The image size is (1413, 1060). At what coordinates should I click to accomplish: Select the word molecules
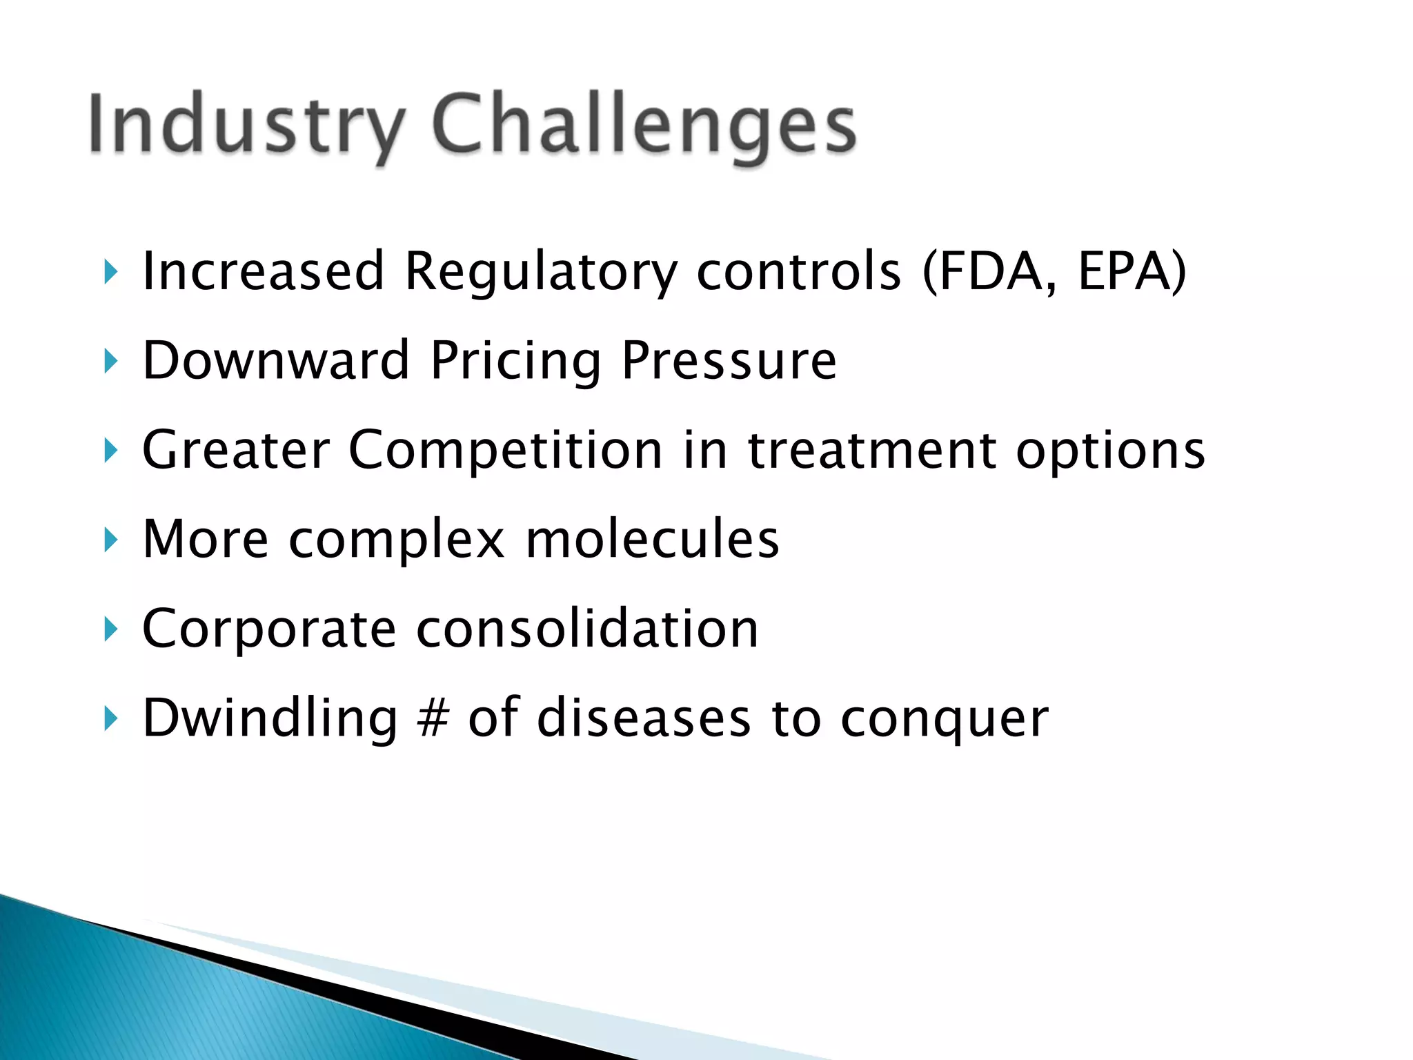click(652, 539)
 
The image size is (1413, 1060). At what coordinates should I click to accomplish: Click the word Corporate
click(269, 629)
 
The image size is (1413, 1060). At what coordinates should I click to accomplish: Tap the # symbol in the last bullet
click(433, 718)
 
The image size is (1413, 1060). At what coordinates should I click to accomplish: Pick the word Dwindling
click(270, 718)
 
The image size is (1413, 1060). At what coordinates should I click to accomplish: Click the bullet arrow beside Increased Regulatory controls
click(110, 273)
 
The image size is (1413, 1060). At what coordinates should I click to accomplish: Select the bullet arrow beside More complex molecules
click(110, 540)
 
